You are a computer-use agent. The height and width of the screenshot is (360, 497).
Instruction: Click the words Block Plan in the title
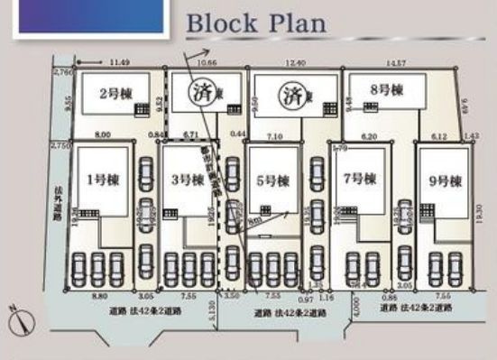point(255,23)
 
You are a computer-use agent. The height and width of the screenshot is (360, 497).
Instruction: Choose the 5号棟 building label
point(271,180)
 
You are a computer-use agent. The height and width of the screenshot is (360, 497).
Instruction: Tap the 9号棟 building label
point(444,180)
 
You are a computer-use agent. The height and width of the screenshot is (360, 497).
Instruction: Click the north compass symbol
point(20,317)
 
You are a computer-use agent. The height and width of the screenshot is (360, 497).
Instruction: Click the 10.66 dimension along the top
point(206,63)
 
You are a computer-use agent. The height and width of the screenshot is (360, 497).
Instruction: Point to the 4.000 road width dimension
point(358,310)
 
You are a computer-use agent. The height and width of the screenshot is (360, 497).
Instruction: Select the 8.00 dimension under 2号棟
point(102,134)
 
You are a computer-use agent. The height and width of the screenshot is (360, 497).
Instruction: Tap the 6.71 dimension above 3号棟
point(189,134)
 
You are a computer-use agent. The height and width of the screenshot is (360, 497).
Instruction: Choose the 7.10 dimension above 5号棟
point(276,134)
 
